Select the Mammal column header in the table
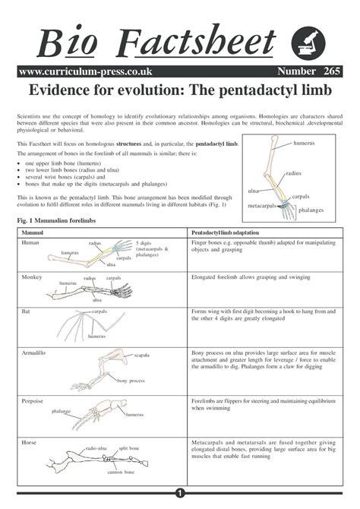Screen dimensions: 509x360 click(32, 230)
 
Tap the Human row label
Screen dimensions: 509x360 click(30, 242)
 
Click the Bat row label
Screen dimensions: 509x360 click(26, 311)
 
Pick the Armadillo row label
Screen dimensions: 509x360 click(35, 353)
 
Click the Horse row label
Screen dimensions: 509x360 click(29, 441)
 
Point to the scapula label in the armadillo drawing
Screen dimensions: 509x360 click(142, 356)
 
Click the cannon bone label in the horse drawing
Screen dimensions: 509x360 click(120, 472)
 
